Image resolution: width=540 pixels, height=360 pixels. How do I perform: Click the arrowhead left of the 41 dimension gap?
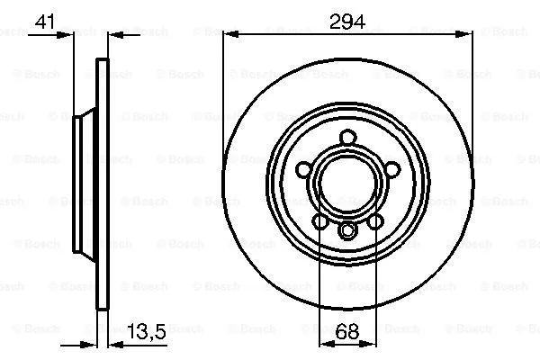click(x=68, y=37)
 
